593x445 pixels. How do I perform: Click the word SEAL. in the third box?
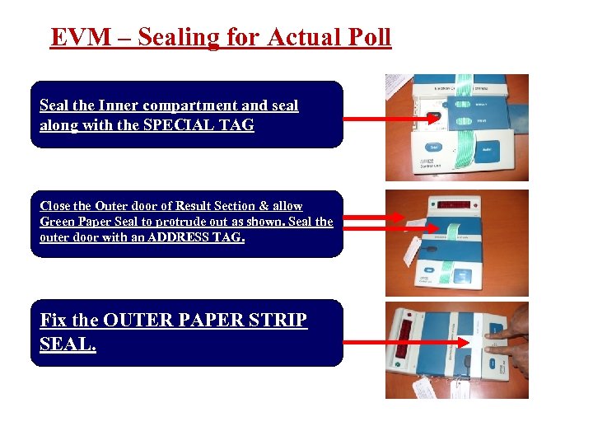click(68, 344)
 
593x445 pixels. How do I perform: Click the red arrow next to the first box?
click(387, 119)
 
